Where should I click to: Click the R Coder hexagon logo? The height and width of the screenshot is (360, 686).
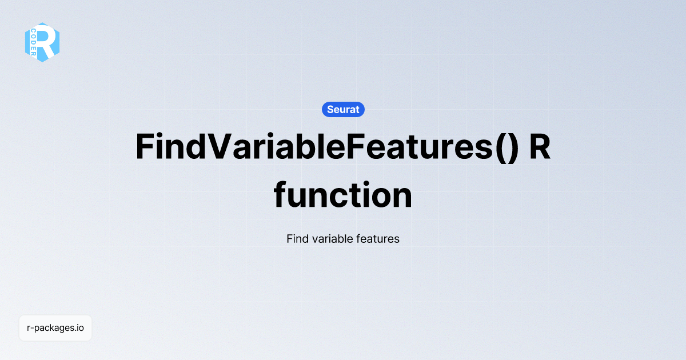[42, 42]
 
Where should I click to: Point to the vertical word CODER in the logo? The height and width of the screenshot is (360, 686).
[34, 42]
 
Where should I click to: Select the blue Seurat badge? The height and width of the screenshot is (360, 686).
[343, 109]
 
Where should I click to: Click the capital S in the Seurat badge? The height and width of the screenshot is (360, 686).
[330, 109]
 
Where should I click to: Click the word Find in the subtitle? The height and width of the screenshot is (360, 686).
[297, 238]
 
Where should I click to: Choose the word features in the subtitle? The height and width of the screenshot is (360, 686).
[377, 238]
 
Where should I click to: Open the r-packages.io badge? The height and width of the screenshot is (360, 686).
[55, 328]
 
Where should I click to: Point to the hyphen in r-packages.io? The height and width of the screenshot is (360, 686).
[32, 329]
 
